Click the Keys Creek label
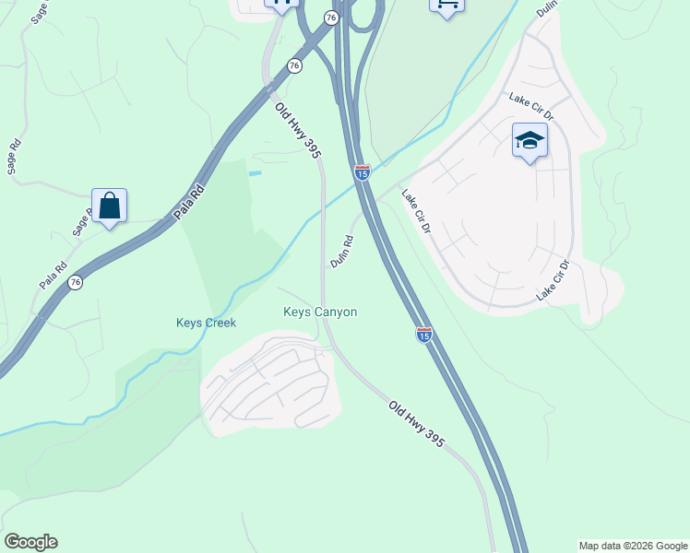coord(207,323)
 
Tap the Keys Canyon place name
coord(320,312)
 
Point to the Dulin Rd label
coord(342,252)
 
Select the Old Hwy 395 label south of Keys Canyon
coord(417,424)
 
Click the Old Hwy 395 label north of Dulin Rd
coord(297,129)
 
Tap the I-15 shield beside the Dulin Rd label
coord(363,171)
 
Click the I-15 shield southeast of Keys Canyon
coord(424,335)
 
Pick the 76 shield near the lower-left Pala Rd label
coord(76,282)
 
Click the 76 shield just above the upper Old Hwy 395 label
coord(294,65)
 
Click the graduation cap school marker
coord(529,141)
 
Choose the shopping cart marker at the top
coord(446,6)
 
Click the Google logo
coord(30,542)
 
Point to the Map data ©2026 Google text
coord(634,546)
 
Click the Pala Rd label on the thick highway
coord(189,203)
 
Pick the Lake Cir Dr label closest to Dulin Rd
coord(415,211)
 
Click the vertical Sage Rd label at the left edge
coord(13,157)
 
